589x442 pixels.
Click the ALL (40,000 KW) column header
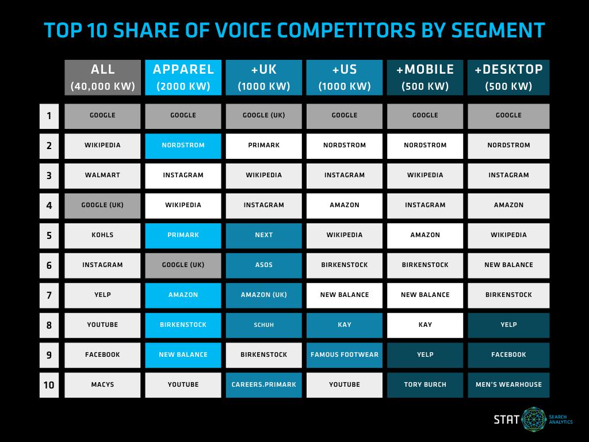click(102, 77)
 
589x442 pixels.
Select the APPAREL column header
click(183, 77)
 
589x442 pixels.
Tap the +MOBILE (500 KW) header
click(425, 77)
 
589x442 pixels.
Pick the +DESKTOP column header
click(508, 77)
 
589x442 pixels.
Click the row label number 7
click(49, 295)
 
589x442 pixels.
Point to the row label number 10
click(49, 385)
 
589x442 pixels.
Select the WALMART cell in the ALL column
click(102, 176)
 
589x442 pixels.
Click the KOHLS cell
click(102, 235)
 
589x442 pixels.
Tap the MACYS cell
click(102, 385)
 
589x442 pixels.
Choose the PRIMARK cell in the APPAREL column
click(183, 235)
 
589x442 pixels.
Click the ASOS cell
click(263, 265)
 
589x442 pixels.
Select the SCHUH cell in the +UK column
click(263, 325)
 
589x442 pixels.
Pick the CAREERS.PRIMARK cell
click(263, 385)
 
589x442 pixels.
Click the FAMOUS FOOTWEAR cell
click(345, 355)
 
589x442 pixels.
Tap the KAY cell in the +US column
click(345, 325)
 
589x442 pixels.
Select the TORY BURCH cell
click(425, 385)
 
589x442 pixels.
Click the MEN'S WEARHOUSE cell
click(508, 385)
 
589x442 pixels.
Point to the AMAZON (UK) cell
click(263, 295)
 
